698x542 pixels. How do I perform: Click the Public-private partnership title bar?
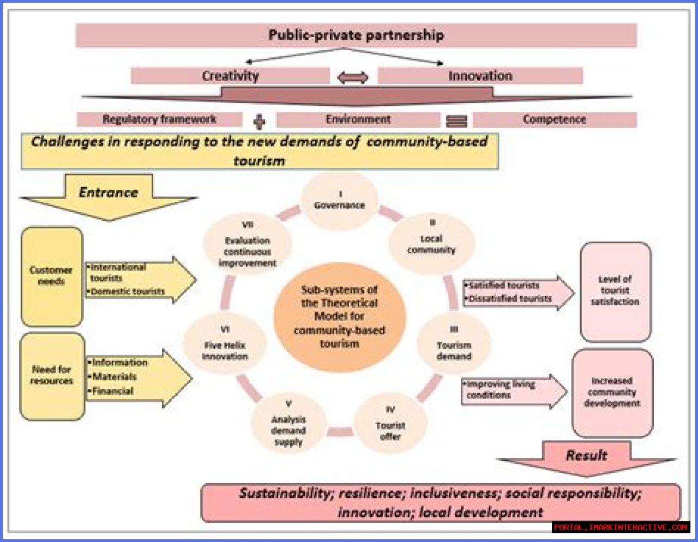point(356,35)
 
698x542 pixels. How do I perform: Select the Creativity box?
point(230,76)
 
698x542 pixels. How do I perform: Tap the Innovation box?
point(480,76)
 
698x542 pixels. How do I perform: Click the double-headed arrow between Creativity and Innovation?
point(353,77)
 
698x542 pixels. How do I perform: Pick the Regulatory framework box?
point(159,119)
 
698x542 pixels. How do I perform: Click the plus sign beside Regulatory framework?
point(260,121)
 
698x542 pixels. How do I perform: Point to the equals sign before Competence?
point(456,121)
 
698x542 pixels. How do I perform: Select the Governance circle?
point(339,201)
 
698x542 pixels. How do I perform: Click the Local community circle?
point(431,244)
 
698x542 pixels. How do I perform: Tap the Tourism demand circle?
point(454,345)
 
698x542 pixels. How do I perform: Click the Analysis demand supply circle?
point(288,424)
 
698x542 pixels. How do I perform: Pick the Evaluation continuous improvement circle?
point(247,245)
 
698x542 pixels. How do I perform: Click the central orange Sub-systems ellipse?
point(339,316)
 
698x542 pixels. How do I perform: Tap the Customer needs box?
point(51,276)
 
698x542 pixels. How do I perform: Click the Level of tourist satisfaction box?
point(615,291)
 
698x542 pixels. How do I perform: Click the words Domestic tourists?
point(128,292)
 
